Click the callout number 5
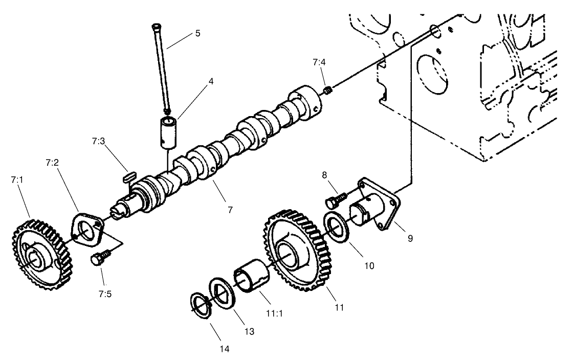tap(197, 34)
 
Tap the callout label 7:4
tap(319, 62)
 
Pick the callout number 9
tap(410, 238)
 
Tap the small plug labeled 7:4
tap(329, 91)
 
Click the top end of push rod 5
tap(156, 27)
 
